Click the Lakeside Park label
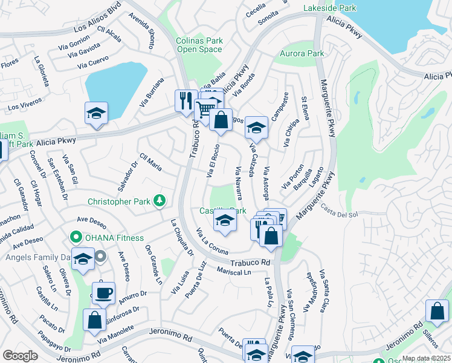coord(330,8)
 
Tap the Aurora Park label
coord(302,54)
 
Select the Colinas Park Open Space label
coord(199,45)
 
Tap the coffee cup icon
coord(103,293)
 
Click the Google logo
coord(20,356)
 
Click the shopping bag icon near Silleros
coord(437,311)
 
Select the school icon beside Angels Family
coord(83,259)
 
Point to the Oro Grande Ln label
coord(154,265)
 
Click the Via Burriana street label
coord(152,93)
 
